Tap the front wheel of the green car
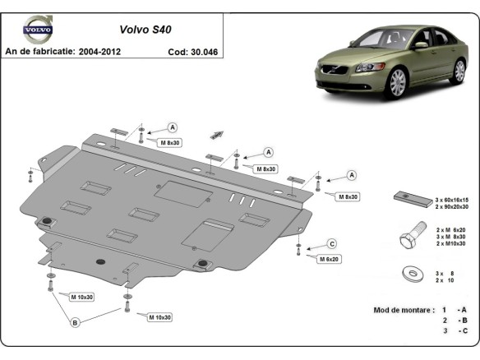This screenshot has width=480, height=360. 398,82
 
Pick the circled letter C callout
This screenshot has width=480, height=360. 331,243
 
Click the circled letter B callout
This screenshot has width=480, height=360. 75,323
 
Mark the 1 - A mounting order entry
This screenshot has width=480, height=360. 452,310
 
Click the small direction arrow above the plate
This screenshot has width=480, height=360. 218,133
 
